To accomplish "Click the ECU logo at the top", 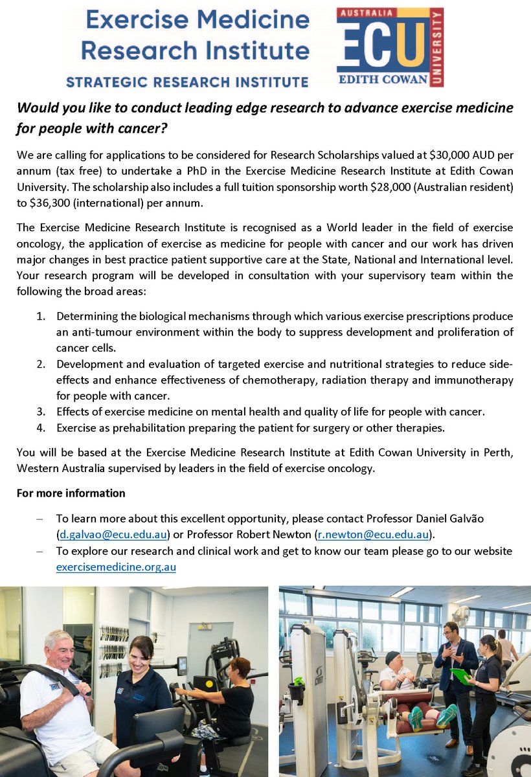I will pos(390,47).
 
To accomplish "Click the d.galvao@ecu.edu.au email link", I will pos(113,534).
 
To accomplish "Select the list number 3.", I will pos(41,411).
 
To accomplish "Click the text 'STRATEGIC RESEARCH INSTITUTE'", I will pos(186,82).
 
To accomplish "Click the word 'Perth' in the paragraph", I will pos(500,452).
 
